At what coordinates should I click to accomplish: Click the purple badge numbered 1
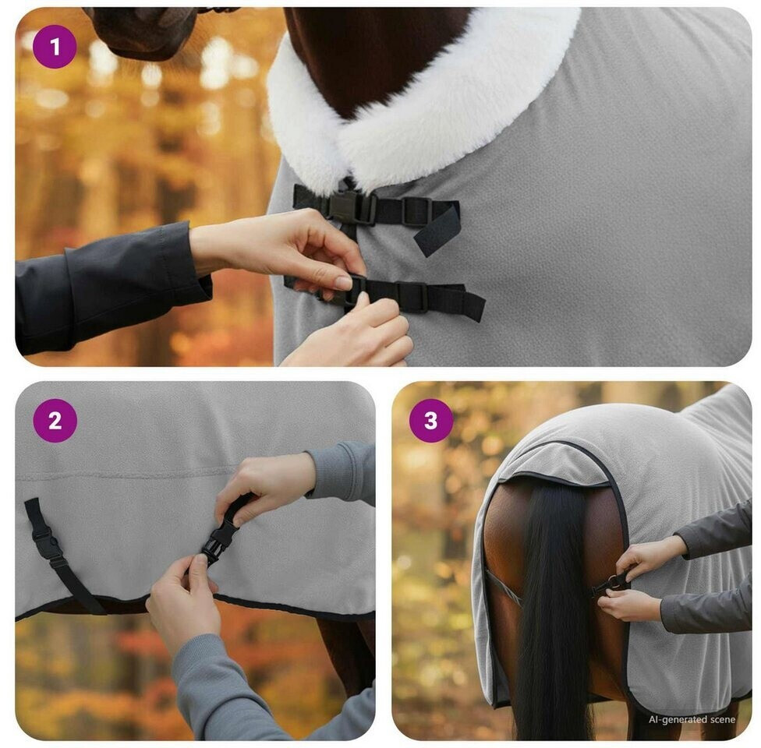coord(55,47)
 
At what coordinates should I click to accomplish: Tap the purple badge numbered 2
coord(55,421)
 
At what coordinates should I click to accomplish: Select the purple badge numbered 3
coord(431,421)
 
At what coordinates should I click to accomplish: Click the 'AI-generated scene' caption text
coord(692,720)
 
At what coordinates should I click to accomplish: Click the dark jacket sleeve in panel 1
coord(107,286)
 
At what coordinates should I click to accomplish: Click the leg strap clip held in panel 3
coord(613,582)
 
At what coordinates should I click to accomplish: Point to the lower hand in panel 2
coord(185,602)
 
